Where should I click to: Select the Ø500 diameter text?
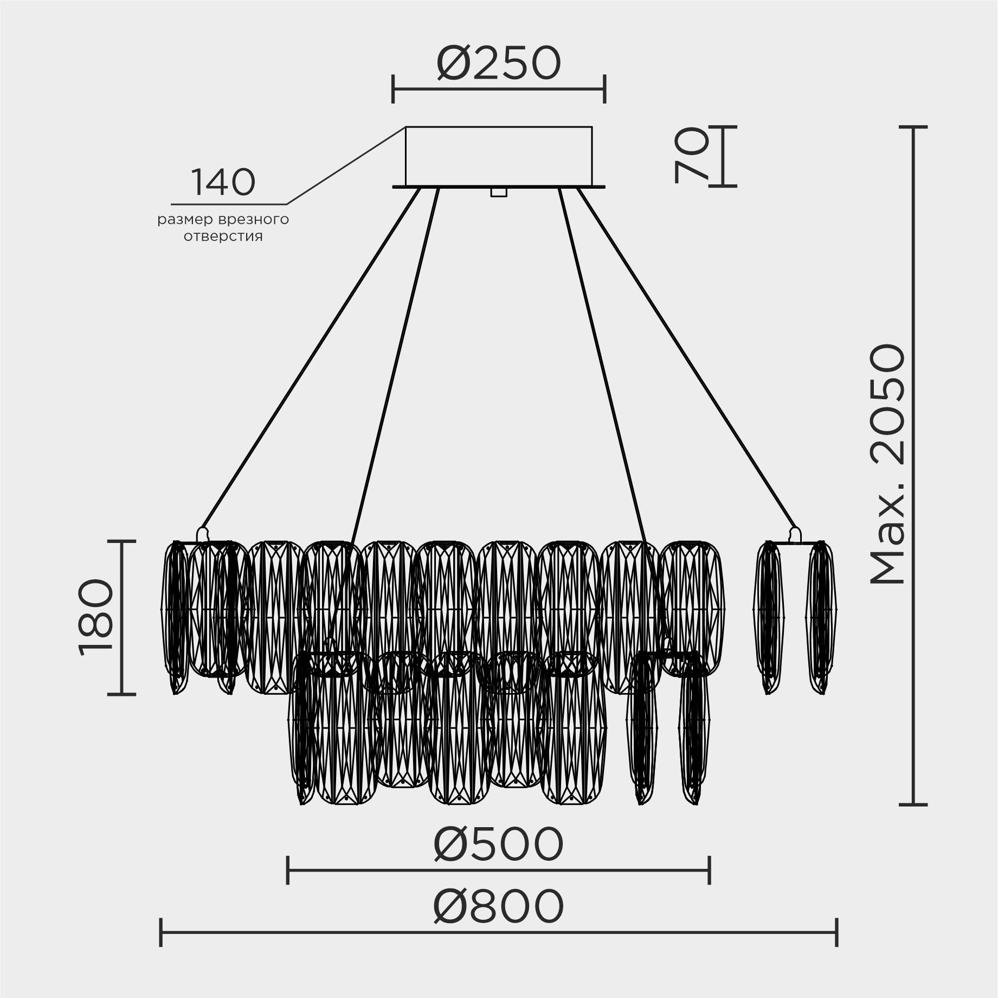click(498, 845)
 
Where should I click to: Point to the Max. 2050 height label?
click(887, 464)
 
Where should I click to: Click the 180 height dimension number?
click(96, 617)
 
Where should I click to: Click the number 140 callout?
click(223, 183)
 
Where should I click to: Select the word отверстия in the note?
click(223, 237)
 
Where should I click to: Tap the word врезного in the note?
click(254, 220)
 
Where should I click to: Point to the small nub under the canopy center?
click(498, 192)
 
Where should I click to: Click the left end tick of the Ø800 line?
click(161, 932)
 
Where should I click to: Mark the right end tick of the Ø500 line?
click(709, 870)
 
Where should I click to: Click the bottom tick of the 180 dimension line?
click(121, 693)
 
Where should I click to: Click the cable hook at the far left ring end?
click(202, 533)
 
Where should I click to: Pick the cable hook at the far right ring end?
click(795, 534)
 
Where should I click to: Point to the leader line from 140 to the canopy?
click(347, 165)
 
